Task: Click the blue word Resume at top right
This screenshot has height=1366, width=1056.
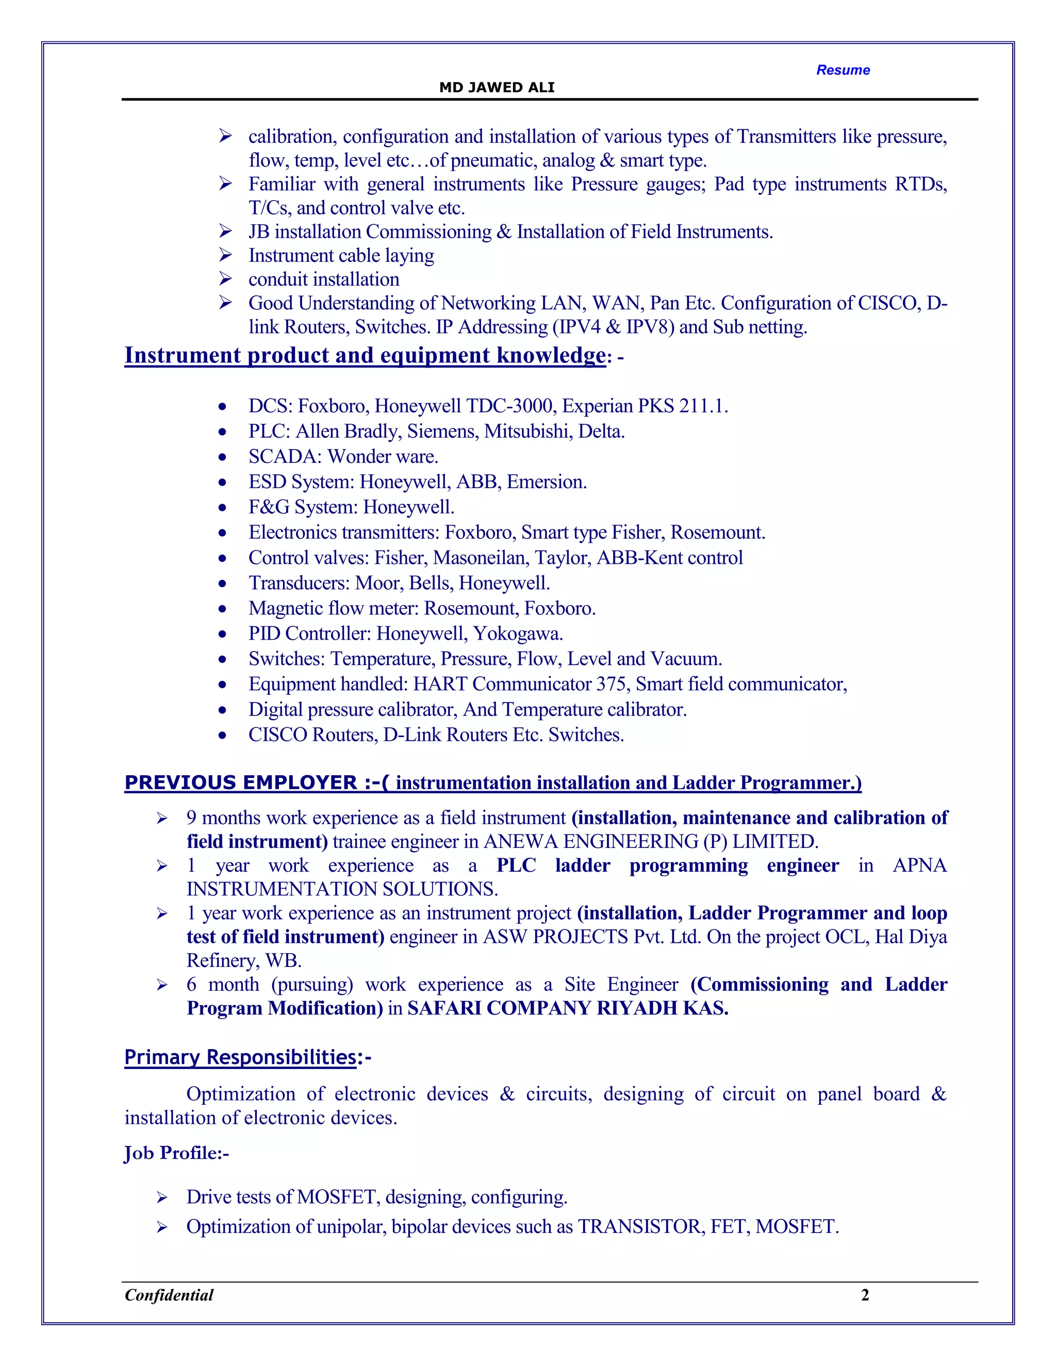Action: coord(843,70)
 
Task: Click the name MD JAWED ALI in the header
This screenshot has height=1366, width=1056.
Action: coord(497,88)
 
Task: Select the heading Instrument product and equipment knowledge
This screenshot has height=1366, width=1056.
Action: coord(365,355)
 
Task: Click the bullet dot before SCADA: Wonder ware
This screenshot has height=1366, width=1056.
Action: coord(223,457)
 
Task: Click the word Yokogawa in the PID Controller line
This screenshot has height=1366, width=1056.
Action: coord(517,634)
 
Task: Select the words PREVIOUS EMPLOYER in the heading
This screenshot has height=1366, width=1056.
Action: coord(241,782)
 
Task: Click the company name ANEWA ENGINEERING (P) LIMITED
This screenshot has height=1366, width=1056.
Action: coord(651,842)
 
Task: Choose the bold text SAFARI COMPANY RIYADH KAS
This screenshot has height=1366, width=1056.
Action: coord(567,1008)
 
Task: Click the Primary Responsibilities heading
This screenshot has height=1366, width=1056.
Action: coord(241,1058)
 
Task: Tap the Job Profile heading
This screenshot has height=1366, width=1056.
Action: coord(176,1153)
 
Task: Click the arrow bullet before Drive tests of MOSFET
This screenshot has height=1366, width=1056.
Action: coord(162,1198)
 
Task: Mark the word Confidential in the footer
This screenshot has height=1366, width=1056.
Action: coord(169,1295)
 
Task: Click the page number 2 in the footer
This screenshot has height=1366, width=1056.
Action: coord(865,1295)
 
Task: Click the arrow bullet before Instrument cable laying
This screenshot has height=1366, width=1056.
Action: coord(225,255)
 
